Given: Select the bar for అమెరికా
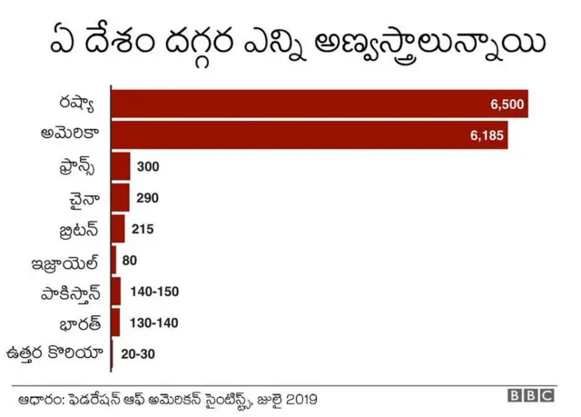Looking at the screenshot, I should [x=309, y=135].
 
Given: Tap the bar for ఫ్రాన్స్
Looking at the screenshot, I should [x=121, y=166].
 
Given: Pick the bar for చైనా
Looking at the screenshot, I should [x=121, y=197].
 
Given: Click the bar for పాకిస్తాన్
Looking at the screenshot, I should [x=116, y=291].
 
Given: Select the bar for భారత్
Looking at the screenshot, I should [x=116, y=323].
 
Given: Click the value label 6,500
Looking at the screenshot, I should [x=507, y=104].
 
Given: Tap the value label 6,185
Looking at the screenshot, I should [x=487, y=135].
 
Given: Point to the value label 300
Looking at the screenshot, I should [x=148, y=167].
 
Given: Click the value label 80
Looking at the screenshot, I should [x=129, y=261].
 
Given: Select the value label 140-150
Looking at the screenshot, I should [x=155, y=292].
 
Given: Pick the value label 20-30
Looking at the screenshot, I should [x=139, y=353].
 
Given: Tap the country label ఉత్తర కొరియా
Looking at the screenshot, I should [x=54, y=352].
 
